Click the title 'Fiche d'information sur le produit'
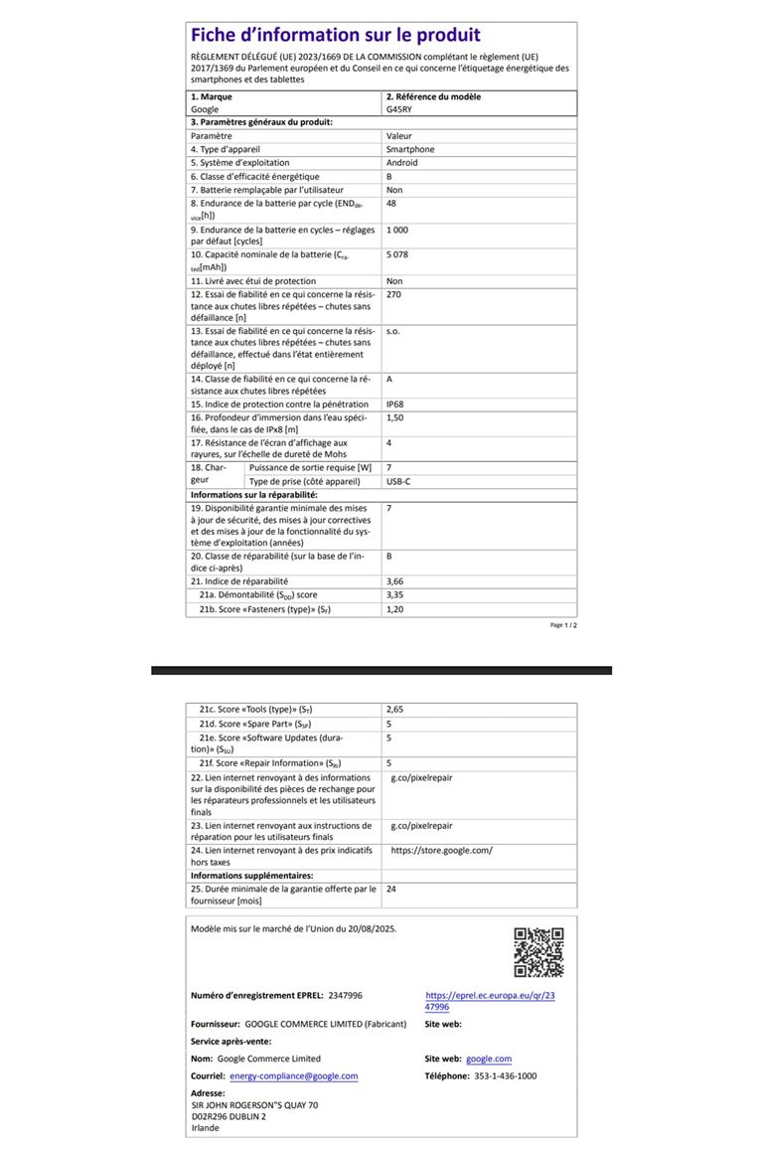tap(335, 36)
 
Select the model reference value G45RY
tap(398, 109)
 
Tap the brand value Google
tap(205, 109)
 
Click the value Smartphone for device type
tap(410, 149)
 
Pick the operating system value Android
tap(402, 162)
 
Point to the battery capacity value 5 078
tap(399, 255)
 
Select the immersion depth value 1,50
tap(395, 418)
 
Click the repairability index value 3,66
tap(394, 580)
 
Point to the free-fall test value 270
tap(393, 294)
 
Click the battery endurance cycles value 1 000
tap(397, 230)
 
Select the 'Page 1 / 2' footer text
tap(563, 625)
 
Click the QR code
tap(538, 952)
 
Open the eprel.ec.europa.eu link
tap(490, 1000)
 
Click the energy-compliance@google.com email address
tap(293, 1075)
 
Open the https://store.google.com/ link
tap(441, 851)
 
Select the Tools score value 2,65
tap(394, 710)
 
